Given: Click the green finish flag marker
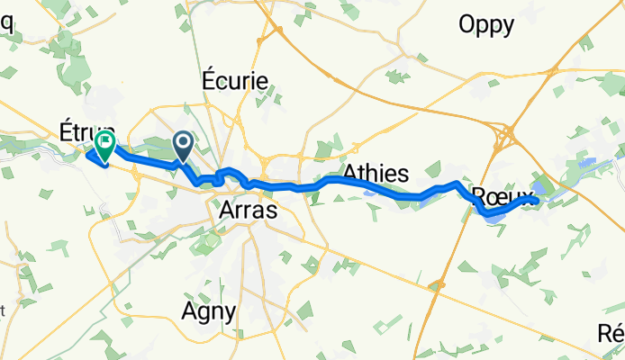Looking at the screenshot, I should (x=105, y=142).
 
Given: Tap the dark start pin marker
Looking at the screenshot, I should (x=183, y=144).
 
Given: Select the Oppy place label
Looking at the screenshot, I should (x=485, y=24).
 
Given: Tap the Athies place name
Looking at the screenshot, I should (x=376, y=173).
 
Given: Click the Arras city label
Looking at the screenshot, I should (x=247, y=210).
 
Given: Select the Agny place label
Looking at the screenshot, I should (x=208, y=312).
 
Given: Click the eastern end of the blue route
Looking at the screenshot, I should (x=537, y=202).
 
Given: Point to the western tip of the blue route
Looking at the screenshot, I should (x=88, y=153).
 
